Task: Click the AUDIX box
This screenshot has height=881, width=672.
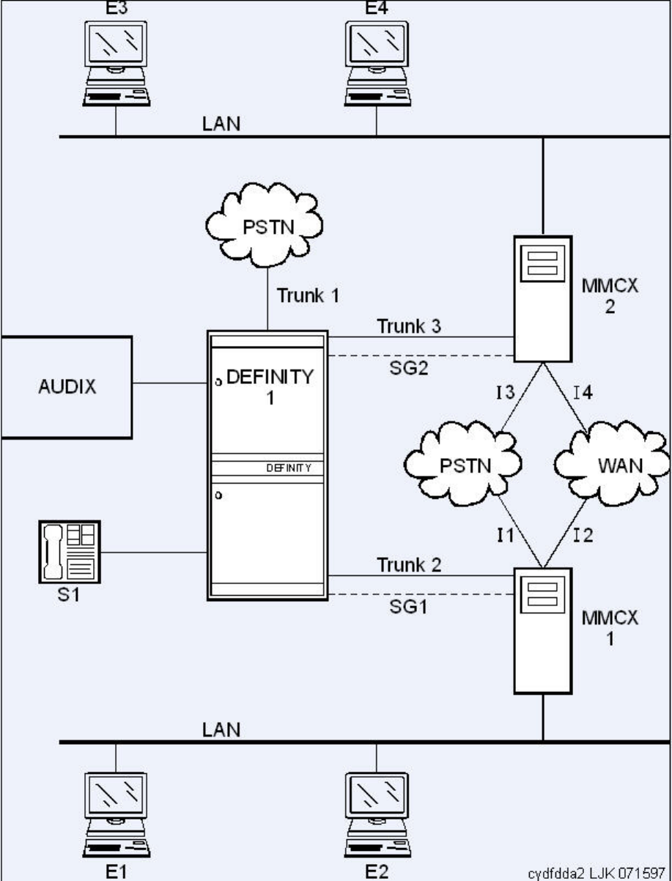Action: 67,387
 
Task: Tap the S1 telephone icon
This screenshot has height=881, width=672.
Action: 70,551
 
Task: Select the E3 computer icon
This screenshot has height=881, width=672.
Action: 116,64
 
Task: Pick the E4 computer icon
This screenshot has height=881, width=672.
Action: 377,64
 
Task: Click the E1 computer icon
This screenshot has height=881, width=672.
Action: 116,815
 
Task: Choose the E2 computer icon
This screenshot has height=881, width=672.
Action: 377,815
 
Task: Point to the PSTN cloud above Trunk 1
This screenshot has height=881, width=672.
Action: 265,225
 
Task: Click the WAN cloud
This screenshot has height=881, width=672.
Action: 613,462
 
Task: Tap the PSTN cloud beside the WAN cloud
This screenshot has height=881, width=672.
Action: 462,462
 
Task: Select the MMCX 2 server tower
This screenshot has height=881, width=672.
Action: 543,298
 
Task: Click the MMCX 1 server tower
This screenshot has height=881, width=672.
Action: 543,630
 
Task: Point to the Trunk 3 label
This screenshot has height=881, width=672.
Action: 409,326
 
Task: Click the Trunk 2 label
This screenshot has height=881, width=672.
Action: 409,564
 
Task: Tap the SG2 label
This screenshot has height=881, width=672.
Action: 409,368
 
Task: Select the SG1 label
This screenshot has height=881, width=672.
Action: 408,606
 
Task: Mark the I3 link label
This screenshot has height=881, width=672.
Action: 506,392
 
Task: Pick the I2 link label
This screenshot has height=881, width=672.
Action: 583,535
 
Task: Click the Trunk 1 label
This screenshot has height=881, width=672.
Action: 308,296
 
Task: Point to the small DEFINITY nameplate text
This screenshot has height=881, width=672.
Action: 289,468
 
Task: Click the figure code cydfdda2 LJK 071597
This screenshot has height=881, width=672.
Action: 597,873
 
